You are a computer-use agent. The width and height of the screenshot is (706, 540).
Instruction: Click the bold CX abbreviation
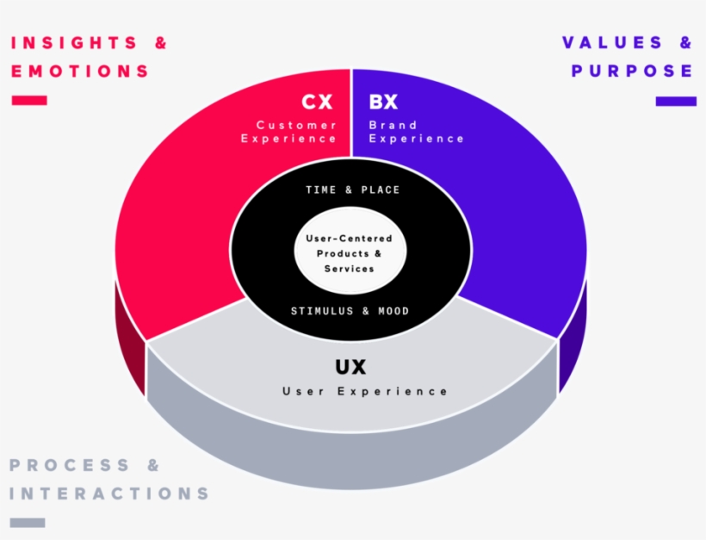[x=316, y=102]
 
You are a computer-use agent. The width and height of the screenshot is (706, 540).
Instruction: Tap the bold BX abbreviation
[x=383, y=102]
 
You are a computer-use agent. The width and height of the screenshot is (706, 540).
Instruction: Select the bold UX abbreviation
[x=350, y=367]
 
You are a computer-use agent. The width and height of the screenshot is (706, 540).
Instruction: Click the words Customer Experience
[x=289, y=132]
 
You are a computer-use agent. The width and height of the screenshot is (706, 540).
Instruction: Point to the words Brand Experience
[x=416, y=132]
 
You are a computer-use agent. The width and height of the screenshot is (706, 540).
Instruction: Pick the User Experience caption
[x=365, y=392]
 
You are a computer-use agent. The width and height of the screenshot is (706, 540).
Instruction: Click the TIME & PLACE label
[x=352, y=189]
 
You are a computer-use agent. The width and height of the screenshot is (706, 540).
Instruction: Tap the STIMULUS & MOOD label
[x=350, y=311]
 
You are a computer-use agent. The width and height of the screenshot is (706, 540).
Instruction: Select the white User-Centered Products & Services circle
[x=349, y=253]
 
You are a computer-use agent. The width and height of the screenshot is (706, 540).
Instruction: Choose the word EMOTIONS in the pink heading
[x=79, y=71]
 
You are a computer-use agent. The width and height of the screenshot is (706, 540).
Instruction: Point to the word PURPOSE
[x=632, y=71]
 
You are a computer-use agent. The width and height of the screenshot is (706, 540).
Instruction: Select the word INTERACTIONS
[x=109, y=493]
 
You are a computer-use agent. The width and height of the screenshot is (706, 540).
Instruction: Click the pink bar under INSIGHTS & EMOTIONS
[x=29, y=101]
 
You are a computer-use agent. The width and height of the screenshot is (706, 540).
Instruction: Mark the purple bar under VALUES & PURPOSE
[x=675, y=101]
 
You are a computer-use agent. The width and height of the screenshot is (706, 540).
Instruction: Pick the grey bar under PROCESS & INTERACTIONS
[x=27, y=522]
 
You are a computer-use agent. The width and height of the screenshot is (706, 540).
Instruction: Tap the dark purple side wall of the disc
[x=573, y=344]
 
